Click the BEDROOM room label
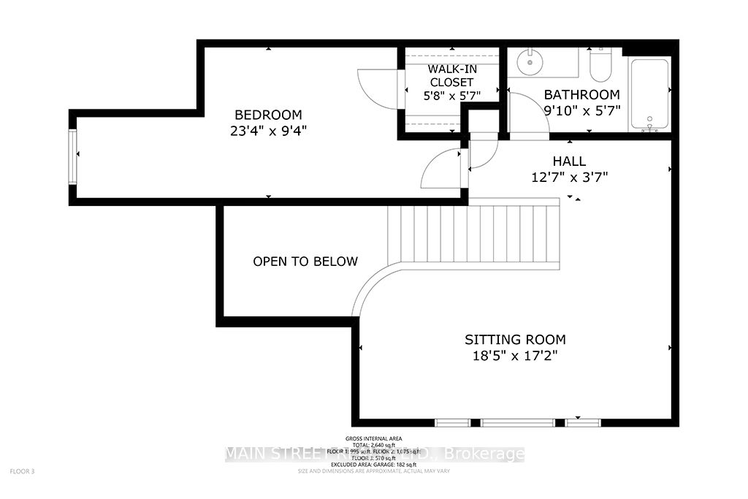(x=267, y=115)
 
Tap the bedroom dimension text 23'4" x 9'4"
(x=267, y=132)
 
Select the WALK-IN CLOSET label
(x=451, y=75)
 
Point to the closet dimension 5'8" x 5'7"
(x=451, y=95)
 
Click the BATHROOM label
(x=581, y=95)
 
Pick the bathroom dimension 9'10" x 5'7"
(x=581, y=111)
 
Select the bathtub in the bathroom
(x=649, y=94)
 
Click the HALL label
(x=569, y=161)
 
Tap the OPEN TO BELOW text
(x=305, y=262)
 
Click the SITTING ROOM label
(x=516, y=340)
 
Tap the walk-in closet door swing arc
(x=374, y=86)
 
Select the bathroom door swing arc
(x=527, y=117)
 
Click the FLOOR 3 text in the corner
(x=23, y=472)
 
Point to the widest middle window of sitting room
(x=517, y=423)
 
